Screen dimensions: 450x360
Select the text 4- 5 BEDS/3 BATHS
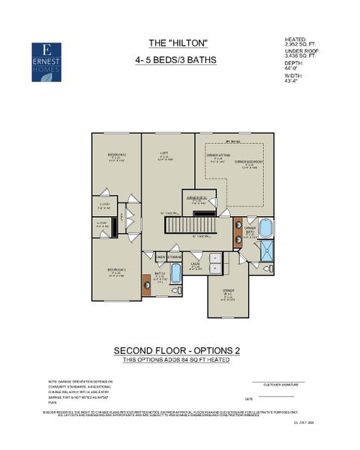[x=178, y=61]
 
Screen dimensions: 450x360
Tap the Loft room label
[x=163, y=156]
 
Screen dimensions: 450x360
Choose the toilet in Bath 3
[x=177, y=289]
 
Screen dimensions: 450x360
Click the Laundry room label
[x=195, y=265]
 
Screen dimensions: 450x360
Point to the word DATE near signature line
[x=248, y=399]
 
